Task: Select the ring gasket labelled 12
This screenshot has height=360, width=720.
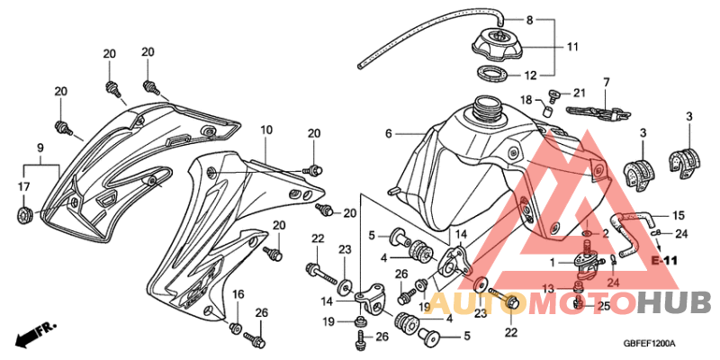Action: [x=491, y=73]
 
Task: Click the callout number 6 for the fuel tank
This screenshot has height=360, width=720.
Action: [x=389, y=133]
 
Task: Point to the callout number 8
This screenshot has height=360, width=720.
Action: [x=529, y=20]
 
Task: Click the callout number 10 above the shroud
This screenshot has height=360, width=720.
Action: [x=266, y=130]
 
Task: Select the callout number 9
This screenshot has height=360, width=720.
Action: [x=40, y=148]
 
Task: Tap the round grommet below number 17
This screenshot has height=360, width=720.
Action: [x=24, y=215]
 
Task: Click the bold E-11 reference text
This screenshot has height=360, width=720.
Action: [x=664, y=261]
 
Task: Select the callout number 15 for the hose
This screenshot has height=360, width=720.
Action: [x=679, y=215]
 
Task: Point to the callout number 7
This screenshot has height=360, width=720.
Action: [x=606, y=83]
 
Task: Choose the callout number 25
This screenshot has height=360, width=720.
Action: [x=603, y=306]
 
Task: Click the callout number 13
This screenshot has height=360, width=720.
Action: [x=548, y=288]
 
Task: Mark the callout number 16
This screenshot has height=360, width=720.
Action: [x=237, y=294]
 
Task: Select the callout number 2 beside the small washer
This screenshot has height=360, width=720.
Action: [x=606, y=234]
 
